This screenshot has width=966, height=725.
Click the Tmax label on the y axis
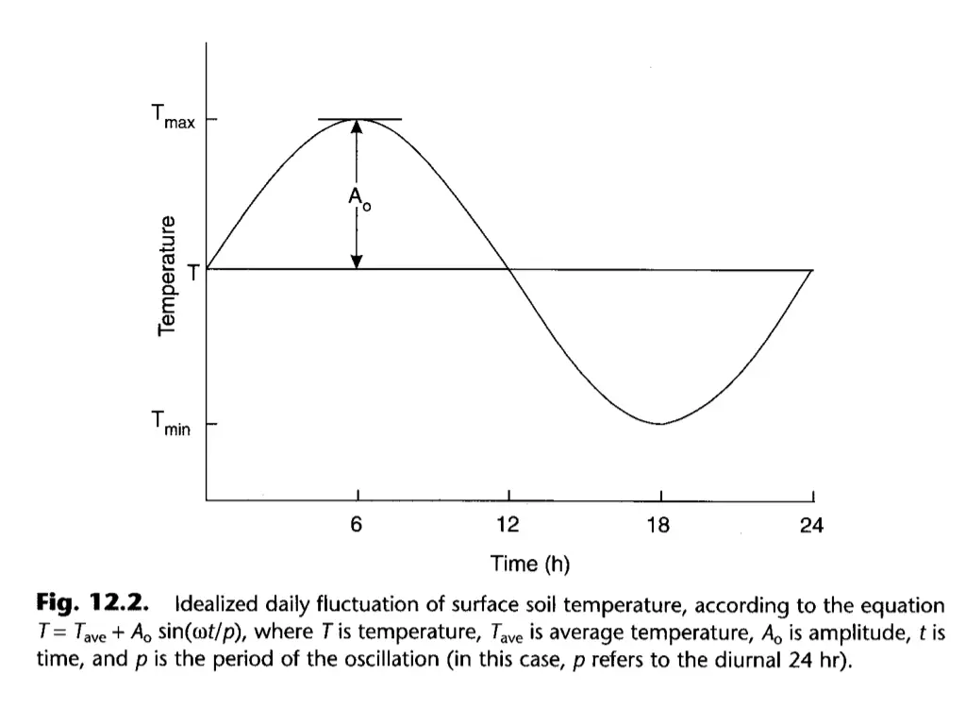(x=172, y=118)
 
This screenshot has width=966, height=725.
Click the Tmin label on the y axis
(x=172, y=425)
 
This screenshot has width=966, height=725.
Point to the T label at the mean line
(x=193, y=272)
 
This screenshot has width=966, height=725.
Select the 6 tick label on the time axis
(x=357, y=526)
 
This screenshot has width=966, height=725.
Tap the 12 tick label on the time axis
(x=509, y=526)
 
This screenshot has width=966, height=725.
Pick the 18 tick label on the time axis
(x=659, y=526)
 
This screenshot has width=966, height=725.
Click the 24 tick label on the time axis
(x=811, y=526)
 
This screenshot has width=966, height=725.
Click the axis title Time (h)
(x=530, y=565)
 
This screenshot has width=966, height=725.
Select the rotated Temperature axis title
(x=168, y=275)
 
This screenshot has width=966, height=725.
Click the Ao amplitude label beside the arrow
(x=358, y=199)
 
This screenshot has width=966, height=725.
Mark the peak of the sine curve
(x=358, y=120)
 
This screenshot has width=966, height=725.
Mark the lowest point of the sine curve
(x=660, y=424)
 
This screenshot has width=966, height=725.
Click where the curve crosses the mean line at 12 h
(x=509, y=270)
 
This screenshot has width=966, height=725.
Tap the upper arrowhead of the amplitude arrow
(x=358, y=128)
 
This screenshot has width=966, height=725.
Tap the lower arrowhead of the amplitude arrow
(x=358, y=261)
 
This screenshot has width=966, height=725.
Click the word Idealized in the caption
(x=218, y=605)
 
